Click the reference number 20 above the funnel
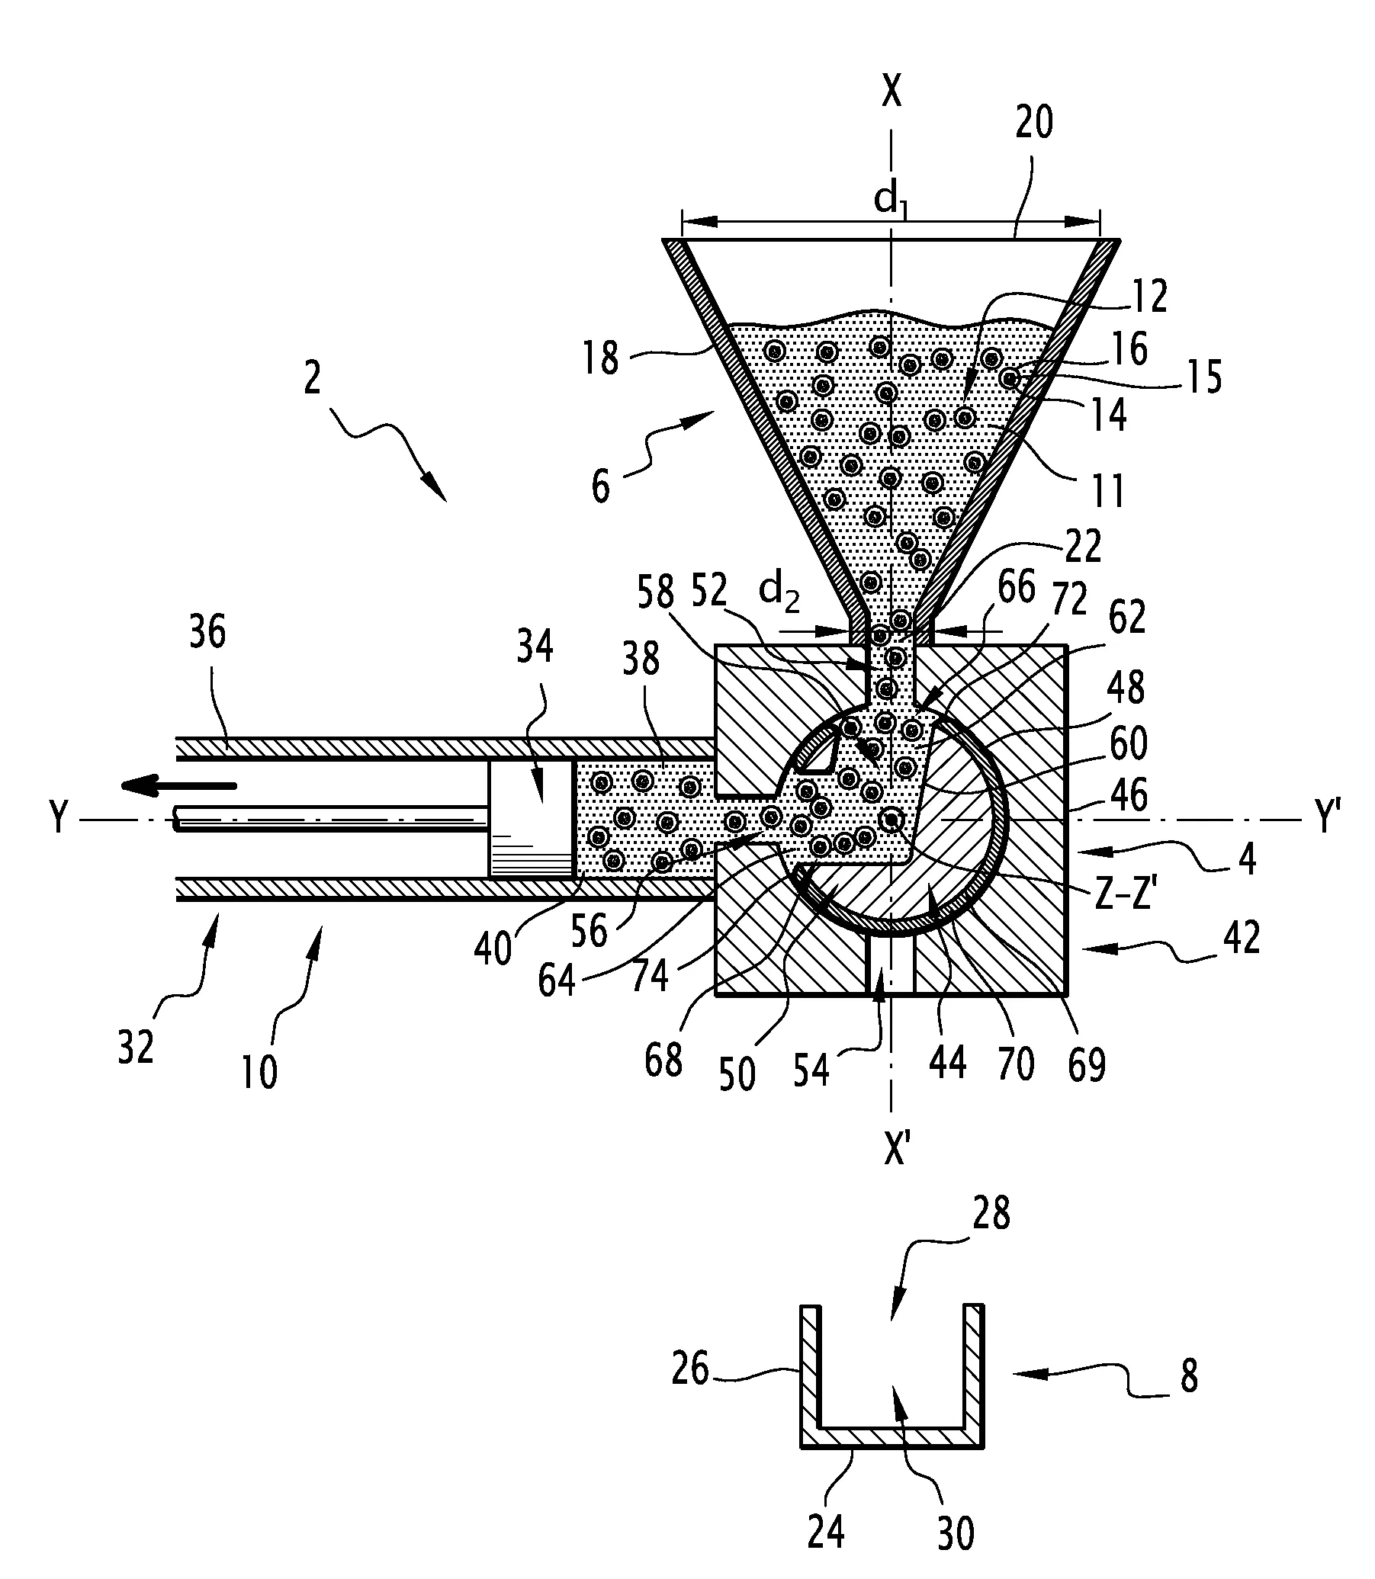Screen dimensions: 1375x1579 tap(1033, 122)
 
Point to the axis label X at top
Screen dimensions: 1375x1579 tap(891, 91)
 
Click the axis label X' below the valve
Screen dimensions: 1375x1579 tap(895, 1148)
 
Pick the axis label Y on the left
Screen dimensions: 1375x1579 tap(58, 820)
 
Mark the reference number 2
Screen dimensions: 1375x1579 tap(311, 379)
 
